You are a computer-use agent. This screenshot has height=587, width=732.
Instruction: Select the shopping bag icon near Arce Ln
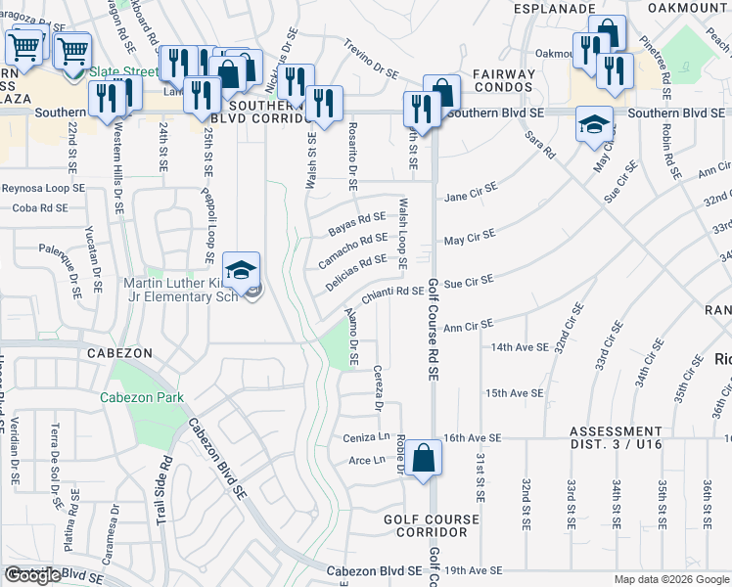coord(424,458)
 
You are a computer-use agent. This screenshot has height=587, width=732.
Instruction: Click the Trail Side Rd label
coord(163,486)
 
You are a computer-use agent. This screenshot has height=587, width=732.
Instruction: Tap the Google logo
coord(32,575)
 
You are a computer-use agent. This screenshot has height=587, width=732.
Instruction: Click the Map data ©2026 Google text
coord(670,579)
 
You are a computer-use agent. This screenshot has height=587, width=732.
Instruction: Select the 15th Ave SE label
coord(514,392)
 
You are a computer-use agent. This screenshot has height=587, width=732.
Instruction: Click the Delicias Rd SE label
coord(355,270)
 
